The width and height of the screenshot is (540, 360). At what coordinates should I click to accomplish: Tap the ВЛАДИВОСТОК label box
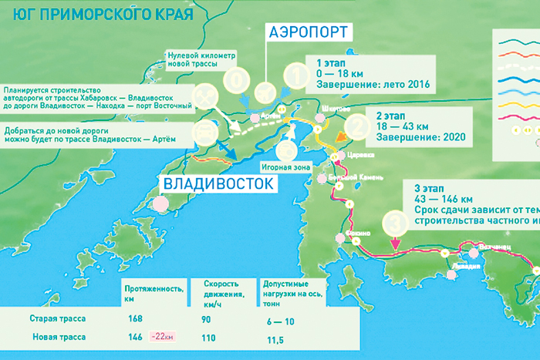click(218, 183)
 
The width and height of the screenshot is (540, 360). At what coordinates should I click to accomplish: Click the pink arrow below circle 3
click(394, 244)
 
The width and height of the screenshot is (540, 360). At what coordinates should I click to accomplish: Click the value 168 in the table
click(135, 318)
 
